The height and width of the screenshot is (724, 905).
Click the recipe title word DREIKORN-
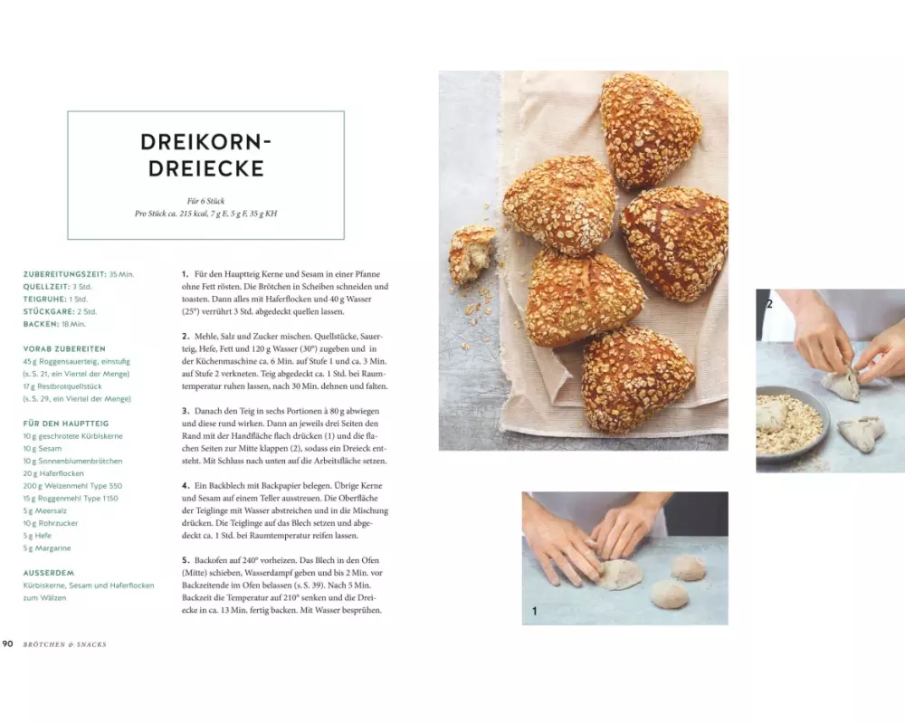(205, 142)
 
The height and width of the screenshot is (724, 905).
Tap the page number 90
(7, 643)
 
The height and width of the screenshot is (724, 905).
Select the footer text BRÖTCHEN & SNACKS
(64, 644)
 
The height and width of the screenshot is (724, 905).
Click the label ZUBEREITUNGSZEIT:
(64, 274)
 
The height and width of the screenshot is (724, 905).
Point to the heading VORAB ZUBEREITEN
(64, 348)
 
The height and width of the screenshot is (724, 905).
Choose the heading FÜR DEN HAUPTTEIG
(66, 424)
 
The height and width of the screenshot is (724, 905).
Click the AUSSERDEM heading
(49, 573)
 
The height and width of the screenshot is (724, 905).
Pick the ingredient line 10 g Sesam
(43, 449)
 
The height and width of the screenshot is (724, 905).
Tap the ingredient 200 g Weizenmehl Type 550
(72, 486)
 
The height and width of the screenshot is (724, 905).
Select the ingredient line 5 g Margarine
(47, 548)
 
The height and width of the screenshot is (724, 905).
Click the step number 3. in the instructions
(186, 411)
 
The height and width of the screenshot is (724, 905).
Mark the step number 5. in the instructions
(186, 560)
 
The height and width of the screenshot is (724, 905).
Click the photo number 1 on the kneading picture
(535, 611)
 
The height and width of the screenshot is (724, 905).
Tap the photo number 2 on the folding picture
(768, 304)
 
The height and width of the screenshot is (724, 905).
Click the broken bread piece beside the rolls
(472, 254)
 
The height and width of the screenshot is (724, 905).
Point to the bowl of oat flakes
(792, 422)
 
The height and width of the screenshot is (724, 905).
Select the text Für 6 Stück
(205, 201)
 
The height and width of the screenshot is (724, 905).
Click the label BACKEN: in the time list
(41, 324)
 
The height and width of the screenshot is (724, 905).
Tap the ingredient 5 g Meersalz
(45, 511)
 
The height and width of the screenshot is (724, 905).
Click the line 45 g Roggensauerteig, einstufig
(77, 361)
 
